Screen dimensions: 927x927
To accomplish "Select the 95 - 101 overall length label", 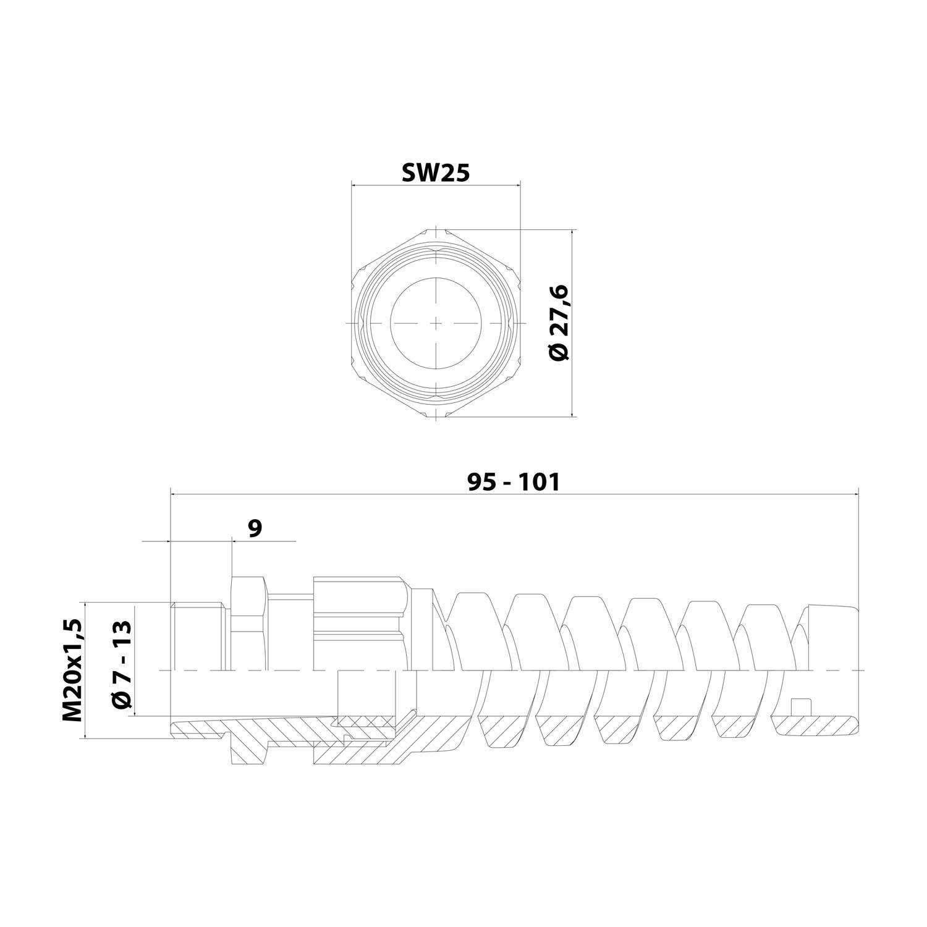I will point(513,482).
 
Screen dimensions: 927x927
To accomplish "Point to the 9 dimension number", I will point(255,528).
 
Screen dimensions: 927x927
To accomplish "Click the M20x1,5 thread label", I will point(72,670).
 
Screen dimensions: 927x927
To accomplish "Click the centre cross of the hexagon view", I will point(436,323).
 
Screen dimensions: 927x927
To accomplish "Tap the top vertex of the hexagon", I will point(436,230).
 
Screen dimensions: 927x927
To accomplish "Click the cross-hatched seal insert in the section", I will point(365,721).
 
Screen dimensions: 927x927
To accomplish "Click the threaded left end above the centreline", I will point(197,637).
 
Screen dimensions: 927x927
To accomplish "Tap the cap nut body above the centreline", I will point(358,624).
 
